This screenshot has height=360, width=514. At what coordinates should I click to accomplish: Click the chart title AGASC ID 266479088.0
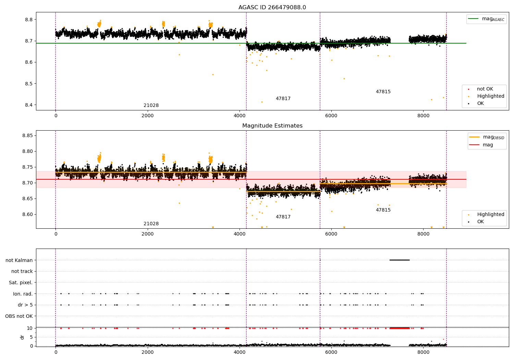click(x=272, y=8)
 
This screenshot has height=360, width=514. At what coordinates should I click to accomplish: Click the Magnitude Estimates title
click(x=272, y=126)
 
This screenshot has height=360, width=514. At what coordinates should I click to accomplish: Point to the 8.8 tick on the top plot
click(x=29, y=20)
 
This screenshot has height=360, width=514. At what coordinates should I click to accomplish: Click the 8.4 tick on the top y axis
click(x=29, y=105)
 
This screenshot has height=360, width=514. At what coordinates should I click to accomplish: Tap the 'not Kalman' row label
click(x=19, y=260)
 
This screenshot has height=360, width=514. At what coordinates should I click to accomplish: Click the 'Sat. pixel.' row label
click(x=21, y=283)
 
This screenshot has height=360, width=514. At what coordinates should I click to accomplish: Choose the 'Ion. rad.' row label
click(x=23, y=294)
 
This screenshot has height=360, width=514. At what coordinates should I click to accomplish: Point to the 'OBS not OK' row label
click(x=19, y=316)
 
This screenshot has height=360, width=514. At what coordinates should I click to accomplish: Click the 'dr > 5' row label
click(x=25, y=305)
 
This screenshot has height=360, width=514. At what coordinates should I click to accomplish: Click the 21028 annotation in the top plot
click(x=151, y=106)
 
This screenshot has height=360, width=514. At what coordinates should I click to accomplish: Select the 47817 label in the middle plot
click(x=283, y=217)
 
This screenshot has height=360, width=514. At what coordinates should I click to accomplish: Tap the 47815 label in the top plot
click(x=383, y=92)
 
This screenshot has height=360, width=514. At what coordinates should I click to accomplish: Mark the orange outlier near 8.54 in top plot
click(x=213, y=74)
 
